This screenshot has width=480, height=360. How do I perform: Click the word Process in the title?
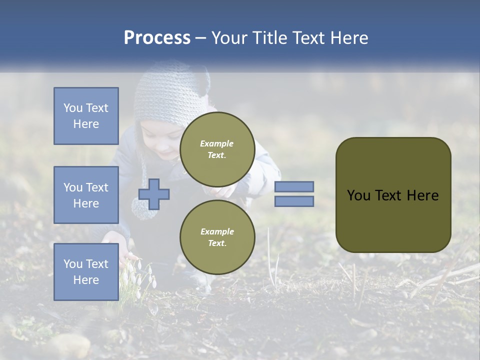157,38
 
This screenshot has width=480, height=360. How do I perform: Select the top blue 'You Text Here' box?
86,116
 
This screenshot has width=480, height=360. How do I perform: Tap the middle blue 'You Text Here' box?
86,195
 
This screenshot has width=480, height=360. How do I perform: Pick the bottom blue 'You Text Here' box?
86,271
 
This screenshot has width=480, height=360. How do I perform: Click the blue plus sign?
154,194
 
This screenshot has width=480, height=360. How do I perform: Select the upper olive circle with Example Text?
217,149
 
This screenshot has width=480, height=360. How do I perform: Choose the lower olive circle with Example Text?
217,237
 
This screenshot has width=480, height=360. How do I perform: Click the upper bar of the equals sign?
294,186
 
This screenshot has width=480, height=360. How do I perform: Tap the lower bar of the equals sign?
294,201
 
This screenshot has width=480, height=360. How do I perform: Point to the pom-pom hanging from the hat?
140,207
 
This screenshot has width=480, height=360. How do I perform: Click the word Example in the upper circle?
217,143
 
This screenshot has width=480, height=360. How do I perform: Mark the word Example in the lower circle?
217,231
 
